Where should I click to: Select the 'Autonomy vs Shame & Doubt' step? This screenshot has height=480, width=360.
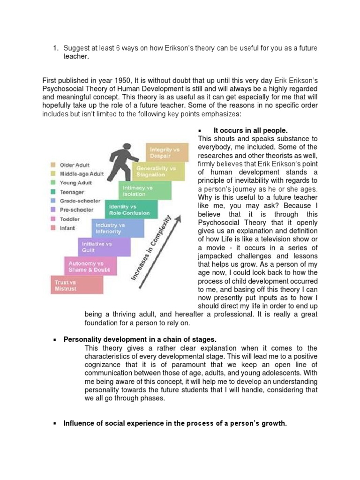tap(90, 266)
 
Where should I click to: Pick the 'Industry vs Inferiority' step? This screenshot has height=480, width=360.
tap(117, 228)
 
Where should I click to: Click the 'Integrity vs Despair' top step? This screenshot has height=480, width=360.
tap(167, 152)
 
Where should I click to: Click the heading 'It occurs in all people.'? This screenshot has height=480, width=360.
tap(250, 130)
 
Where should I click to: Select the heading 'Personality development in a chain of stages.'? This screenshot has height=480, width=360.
tap(140, 339)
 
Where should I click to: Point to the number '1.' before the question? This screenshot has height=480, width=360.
tap(55, 48)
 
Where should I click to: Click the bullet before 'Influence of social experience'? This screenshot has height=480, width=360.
tap(55, 424)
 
